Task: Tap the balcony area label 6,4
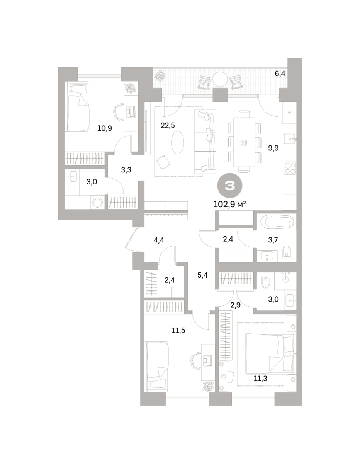pos(280,74)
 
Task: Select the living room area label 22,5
pos(168,125)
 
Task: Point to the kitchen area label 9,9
pos(273,148)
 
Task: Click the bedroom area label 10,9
pos(105,128)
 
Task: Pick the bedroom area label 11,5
pos(178,330)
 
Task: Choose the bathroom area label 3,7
pos(273,240)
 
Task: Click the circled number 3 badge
pos(229,185)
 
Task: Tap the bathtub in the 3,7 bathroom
pos(277,222)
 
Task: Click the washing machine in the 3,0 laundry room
pos(97,202)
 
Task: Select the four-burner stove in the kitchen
pos(290,168)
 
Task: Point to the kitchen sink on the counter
pos(290,139)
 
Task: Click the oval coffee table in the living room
pos(178,142)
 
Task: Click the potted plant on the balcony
pos(160,76)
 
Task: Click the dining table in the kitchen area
pos(244,142)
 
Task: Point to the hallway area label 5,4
pos(202,275)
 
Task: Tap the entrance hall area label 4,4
pos(159,240)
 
